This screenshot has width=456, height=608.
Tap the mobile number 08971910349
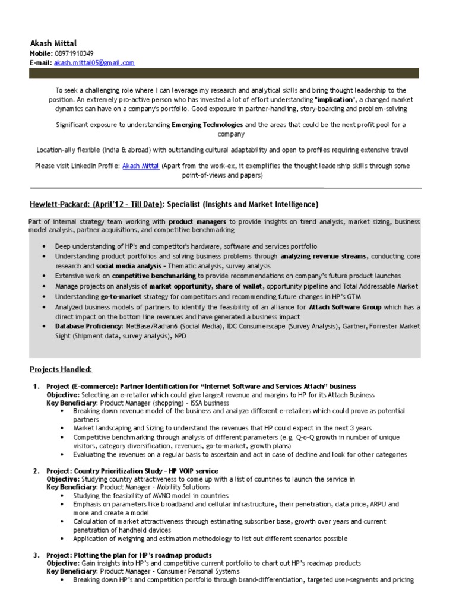coord(74,53)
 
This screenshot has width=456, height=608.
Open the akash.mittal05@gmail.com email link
coord(94,62)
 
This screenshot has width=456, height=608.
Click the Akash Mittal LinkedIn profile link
coord(140,166)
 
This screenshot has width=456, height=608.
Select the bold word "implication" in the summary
coord(335,100)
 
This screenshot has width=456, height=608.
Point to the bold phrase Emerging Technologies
coord(208,125)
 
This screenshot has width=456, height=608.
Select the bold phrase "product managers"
coord(203,221)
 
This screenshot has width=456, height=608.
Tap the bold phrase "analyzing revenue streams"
coord(324,256)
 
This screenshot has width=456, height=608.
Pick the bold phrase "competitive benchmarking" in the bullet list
coord(154,276)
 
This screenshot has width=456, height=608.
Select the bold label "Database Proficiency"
coord(88,327)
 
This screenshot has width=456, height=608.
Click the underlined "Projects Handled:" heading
coord(61,370)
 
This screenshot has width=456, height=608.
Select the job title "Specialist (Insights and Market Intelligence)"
coord(242,204)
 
